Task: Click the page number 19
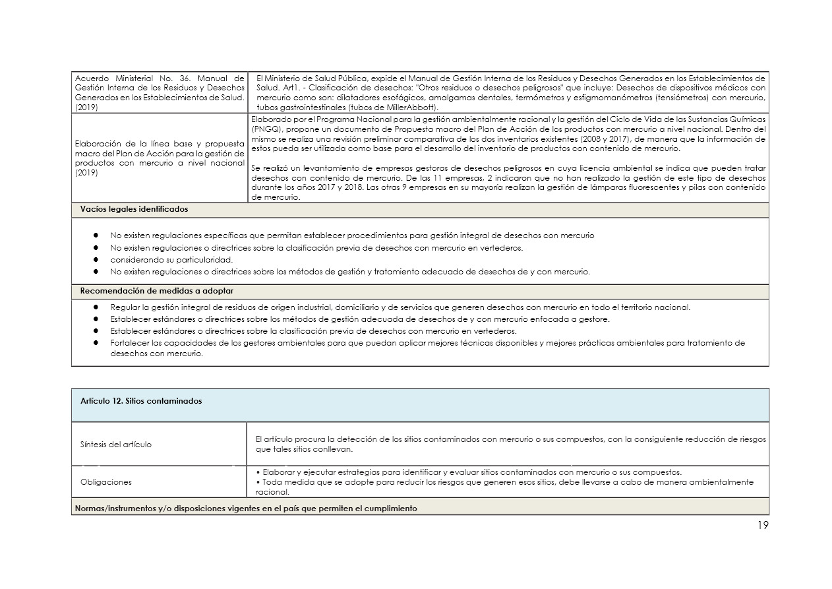tap(762, 526)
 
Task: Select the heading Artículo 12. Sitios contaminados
tap(141, 401)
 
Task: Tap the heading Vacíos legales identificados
tap(134, 209)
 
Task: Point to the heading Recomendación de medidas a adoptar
tap(156, 291)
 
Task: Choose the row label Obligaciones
tap(106, 481)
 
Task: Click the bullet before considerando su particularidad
tap(96, 259)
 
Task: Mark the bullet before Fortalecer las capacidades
tap(96, 343)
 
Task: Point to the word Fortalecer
tap(129, 343)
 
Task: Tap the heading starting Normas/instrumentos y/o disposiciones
tap(246, 509)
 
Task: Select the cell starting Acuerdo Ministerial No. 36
tap(159, 92)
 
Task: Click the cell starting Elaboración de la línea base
tap(159, 158)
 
